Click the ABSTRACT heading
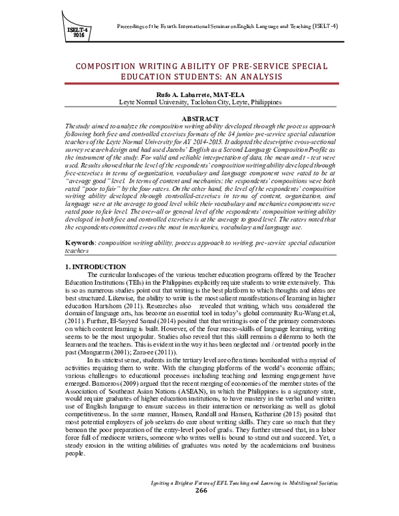[199, 118]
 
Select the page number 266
[199, 508]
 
